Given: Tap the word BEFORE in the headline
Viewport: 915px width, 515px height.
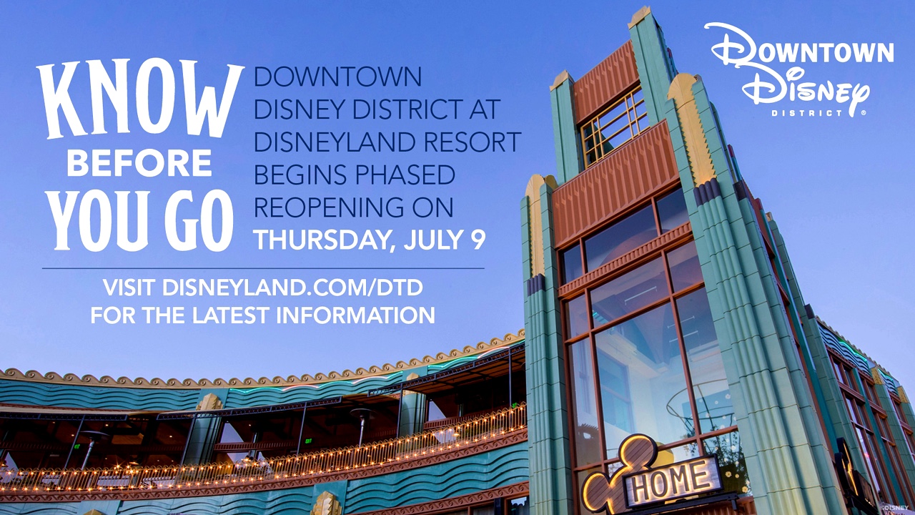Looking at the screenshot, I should pyautogui.click(x=139, y=164).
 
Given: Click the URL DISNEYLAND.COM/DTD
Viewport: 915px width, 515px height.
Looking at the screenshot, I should pyautogui.click(x=292, y=288).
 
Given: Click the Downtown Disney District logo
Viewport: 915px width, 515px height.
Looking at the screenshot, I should pyautogui.click(x=798, y=70).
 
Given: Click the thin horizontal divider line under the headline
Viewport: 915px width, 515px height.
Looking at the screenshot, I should pyautogui.click(x=263, y=268).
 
